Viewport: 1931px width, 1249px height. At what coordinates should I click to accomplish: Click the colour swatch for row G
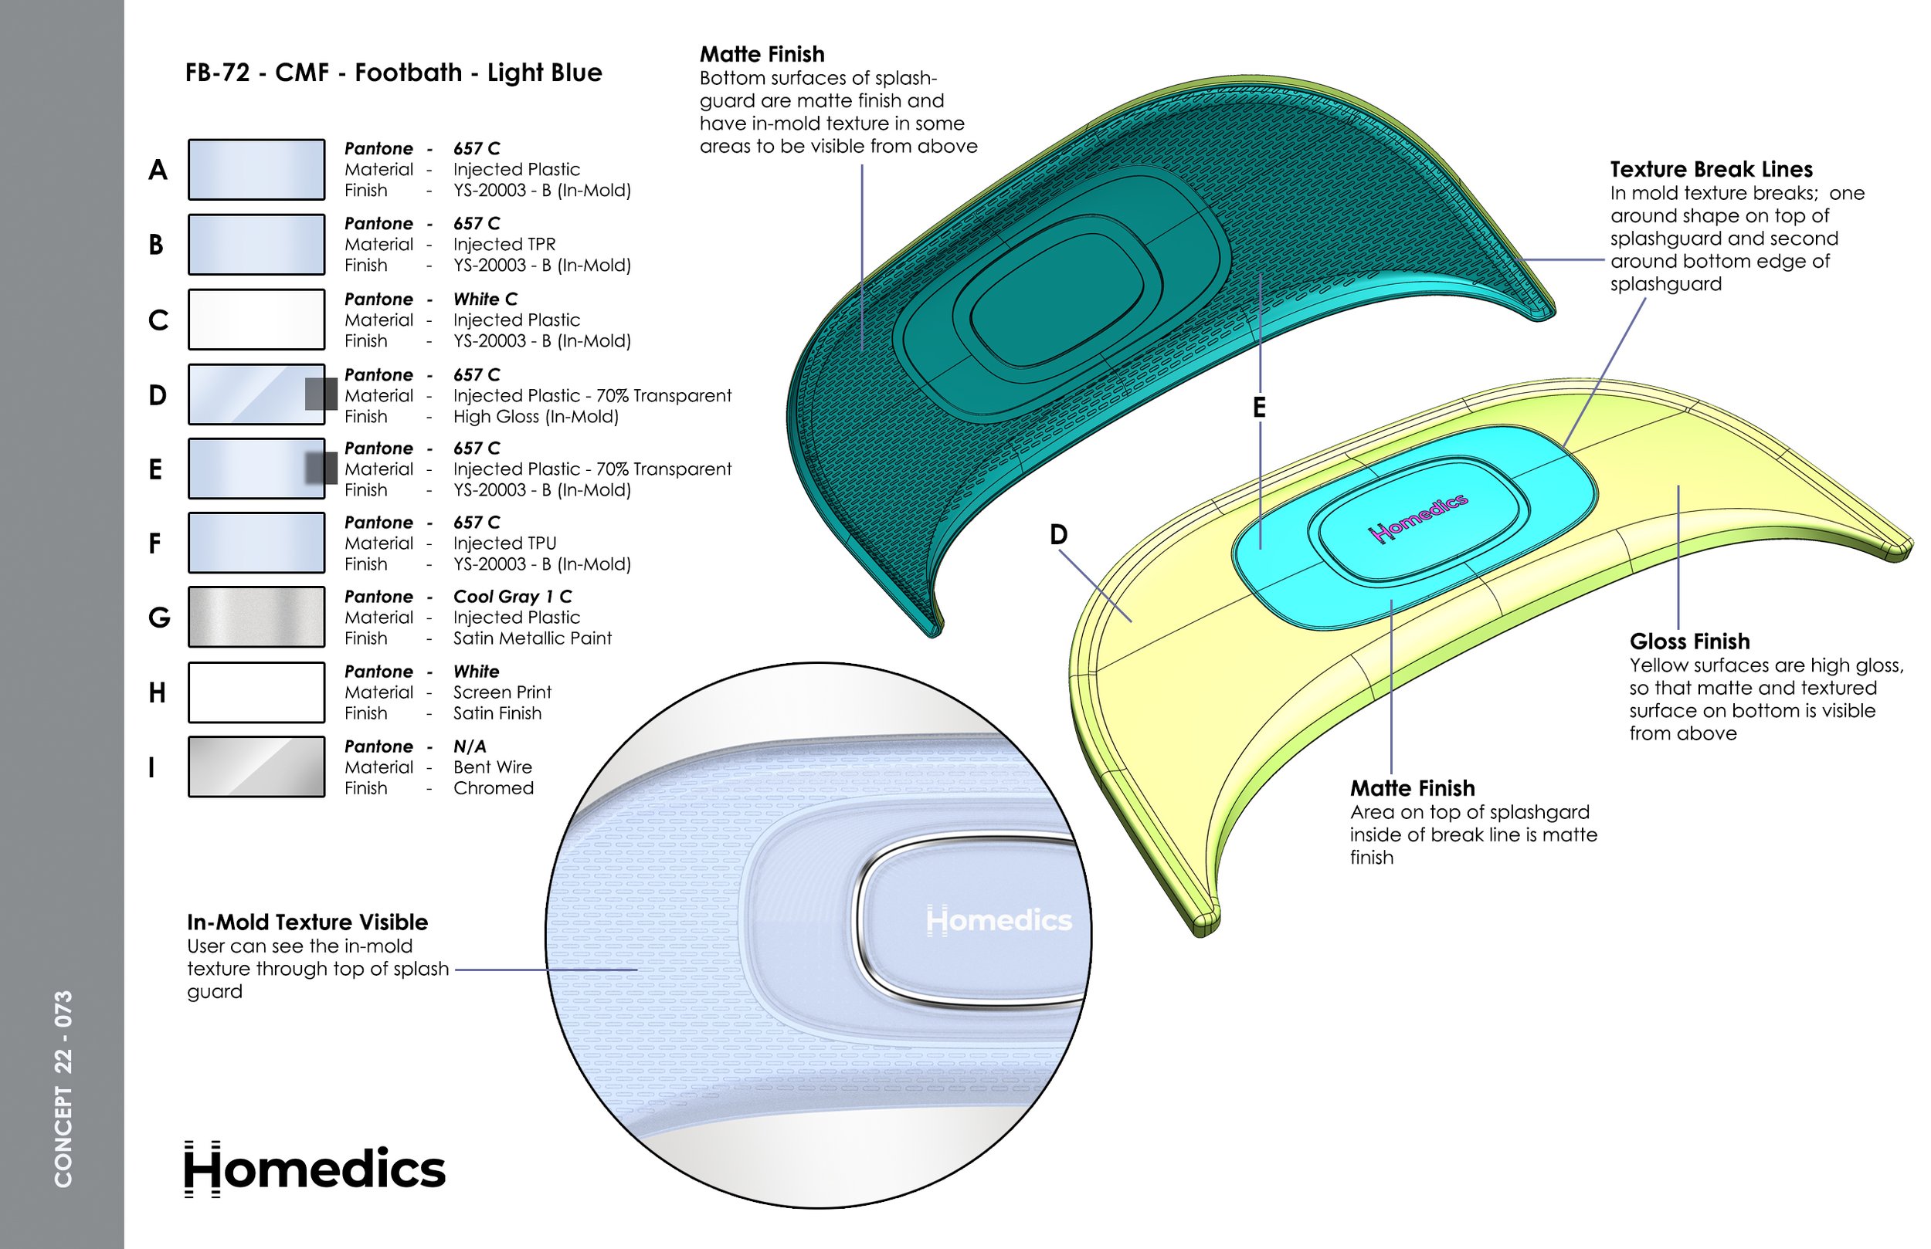click(x=256, y=618)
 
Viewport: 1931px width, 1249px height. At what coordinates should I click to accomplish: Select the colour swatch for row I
click(x=256, y=767)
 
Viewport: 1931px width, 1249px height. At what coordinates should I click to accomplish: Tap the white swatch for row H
click(x=256, y=692)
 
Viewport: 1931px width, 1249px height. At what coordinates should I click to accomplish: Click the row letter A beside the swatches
click(x=158, y=171)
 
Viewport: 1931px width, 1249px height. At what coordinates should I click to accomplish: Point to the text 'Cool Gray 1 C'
click(x=512, y=597)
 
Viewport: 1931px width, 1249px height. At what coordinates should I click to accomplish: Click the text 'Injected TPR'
click(x=504, y=244)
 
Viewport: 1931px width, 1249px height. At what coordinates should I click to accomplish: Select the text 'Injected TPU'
click(x=504, y=543)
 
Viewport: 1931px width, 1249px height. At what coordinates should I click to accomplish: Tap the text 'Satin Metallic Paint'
click(x=531, y=638)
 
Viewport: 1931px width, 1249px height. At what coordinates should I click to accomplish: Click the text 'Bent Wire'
click(x=493, y=767)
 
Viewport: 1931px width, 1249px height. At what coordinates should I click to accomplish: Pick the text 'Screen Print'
click(x=501, y=692)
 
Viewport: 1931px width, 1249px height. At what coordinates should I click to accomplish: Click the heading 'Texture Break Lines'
click(x=1710, y=170)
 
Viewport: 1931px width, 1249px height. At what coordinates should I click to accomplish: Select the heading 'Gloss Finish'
click(x=1689, y=641)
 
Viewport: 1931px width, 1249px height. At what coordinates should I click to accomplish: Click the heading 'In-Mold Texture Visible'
click(x=307, y=922)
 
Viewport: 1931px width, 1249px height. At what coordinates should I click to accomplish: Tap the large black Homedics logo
click(x=315, y=1169)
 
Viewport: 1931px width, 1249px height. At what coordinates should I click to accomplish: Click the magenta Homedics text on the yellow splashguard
click(x=1418, y=516)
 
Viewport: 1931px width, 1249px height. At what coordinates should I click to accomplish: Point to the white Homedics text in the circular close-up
click(x=998, y=920)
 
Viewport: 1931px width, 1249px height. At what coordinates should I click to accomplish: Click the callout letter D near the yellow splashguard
click(x=1058, y=535)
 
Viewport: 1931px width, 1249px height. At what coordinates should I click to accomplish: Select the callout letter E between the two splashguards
click(x=1258, y=408)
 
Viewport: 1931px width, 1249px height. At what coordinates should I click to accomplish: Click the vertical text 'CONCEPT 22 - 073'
click(x=63, y=1088)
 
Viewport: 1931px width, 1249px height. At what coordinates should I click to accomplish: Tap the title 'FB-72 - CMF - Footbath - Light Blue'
click(x=393, y=73)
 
